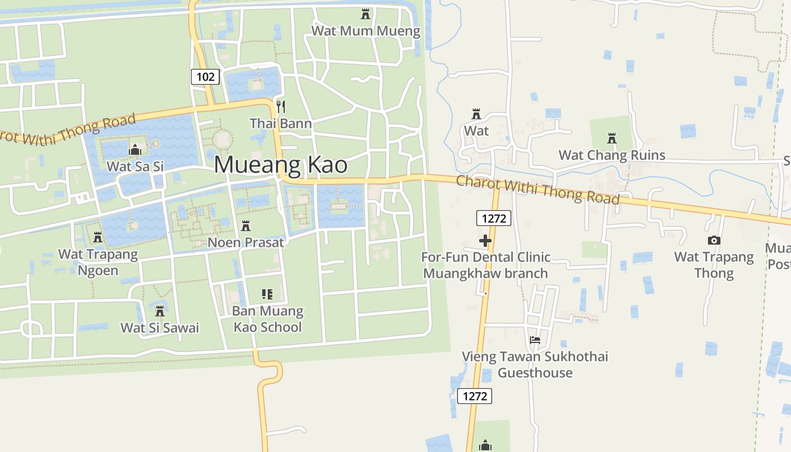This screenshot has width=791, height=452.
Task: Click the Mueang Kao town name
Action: [281, 165]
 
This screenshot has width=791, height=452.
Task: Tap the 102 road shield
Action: [205, 76]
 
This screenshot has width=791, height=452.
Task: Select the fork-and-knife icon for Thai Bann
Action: [281, 106]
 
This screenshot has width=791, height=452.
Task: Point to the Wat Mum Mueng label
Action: [366, 31]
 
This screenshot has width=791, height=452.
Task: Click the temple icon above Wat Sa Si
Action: [134, 150]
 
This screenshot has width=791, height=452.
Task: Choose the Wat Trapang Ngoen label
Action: [98, 262]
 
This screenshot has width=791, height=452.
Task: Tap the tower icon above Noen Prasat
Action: [246, 225]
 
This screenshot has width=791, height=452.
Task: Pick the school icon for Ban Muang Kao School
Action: [267, 294]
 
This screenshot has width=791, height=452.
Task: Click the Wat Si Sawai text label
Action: [160, 328]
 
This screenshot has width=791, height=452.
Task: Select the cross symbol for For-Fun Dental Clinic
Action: [485, 241]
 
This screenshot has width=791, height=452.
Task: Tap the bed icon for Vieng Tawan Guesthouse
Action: [535, 340]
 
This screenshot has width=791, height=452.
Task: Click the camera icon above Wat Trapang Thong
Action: [714, 240]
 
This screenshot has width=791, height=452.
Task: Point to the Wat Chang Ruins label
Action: [612, 155]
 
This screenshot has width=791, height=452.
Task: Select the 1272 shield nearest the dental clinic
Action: [494, 218]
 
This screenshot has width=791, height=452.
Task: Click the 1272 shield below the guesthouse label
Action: [475, 396]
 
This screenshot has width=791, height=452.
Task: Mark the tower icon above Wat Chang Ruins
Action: [611, 138]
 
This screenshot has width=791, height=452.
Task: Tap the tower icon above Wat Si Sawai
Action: [160, 311]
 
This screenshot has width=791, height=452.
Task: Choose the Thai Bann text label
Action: [281, 123]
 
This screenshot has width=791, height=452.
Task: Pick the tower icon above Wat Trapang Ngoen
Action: [98, 237]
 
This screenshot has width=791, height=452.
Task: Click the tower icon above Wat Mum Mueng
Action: [366, 14]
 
